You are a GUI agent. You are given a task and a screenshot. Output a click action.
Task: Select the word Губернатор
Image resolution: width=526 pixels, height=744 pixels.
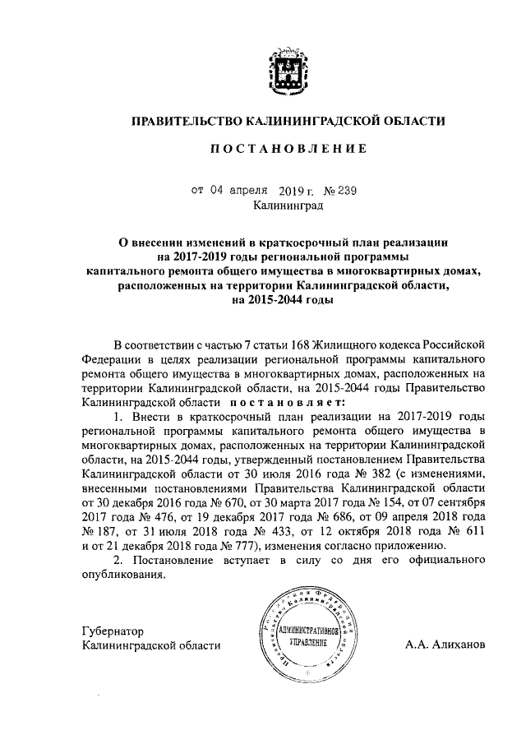click(x=113, y=631)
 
